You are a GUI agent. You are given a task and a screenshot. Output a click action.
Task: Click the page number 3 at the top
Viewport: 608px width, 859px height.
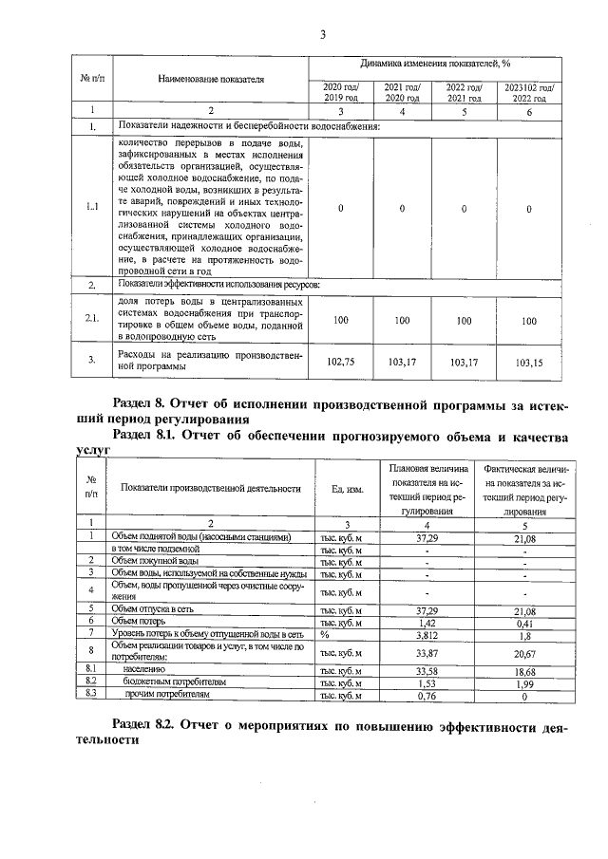(x=322, y=37)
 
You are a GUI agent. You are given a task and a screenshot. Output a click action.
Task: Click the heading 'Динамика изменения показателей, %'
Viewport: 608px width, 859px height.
(x=435, y=65)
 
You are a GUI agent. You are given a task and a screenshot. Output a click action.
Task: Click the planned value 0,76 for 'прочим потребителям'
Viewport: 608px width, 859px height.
(x=427, y=695)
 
